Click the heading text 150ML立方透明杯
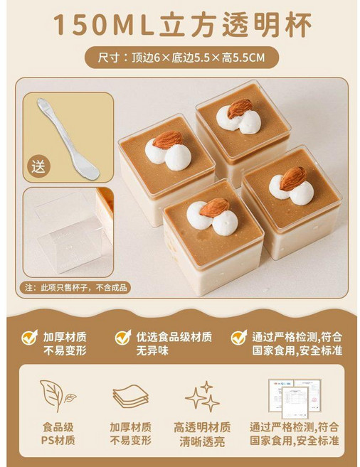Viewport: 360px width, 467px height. coord(182,24)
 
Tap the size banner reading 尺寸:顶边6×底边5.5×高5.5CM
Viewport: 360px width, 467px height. coord(181,58)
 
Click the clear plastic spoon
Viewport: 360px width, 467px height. coord(68,139)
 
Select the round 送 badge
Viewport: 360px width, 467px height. coord(38,167)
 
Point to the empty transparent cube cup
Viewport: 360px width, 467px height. coord(70,232)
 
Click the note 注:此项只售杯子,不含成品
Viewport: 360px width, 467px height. coord(75,288)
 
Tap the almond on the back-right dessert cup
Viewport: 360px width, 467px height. coord(240,109)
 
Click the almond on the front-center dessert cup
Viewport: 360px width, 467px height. coord(214,208)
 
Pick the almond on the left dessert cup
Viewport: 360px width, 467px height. coord(168,140)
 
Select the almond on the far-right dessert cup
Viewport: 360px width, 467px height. coord(293,178)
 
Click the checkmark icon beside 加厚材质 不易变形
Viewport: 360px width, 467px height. coord(30,337)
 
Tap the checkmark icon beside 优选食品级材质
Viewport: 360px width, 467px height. coord(123,337)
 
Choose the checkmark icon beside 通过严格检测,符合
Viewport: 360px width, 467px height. coord(239,337)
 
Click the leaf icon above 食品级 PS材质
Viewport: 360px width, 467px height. coord(57,395)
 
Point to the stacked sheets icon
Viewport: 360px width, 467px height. coord(130,397)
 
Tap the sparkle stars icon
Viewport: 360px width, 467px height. coord(203,396)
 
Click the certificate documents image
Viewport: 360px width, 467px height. coord(295,399)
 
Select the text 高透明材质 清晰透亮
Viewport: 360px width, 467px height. coord(202,434)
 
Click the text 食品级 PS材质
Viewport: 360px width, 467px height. coord(58,434)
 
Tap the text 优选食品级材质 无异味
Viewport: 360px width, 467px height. coord(174,344)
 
